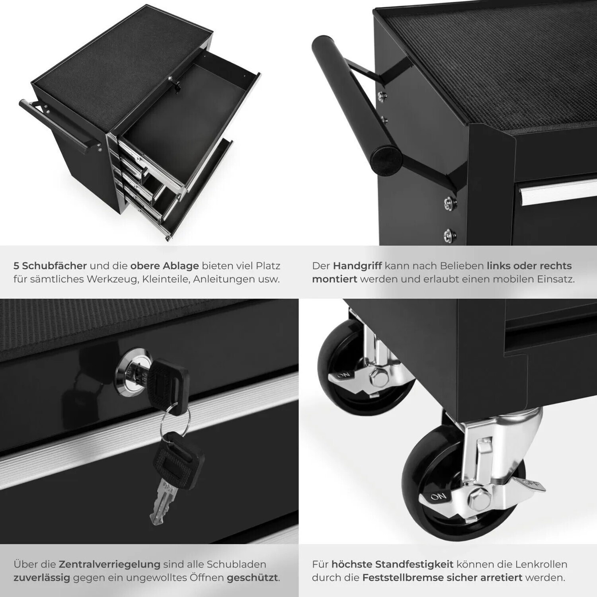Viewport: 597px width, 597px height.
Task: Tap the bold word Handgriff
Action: pos(357,265)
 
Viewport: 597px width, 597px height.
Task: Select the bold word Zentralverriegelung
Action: pos(109,564)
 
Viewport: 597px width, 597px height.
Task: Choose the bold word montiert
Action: pos(334,279)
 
